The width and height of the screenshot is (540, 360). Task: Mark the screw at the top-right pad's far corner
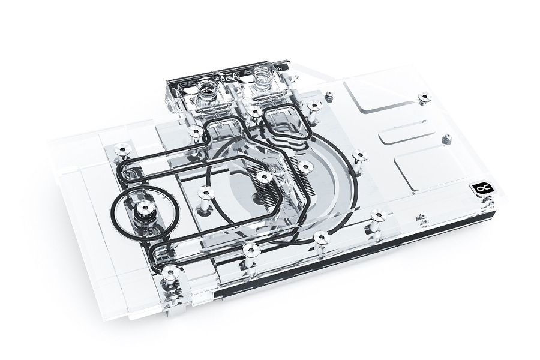[x=424, y=96]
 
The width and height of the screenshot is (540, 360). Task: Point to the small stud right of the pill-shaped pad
[x=446, y=139]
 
